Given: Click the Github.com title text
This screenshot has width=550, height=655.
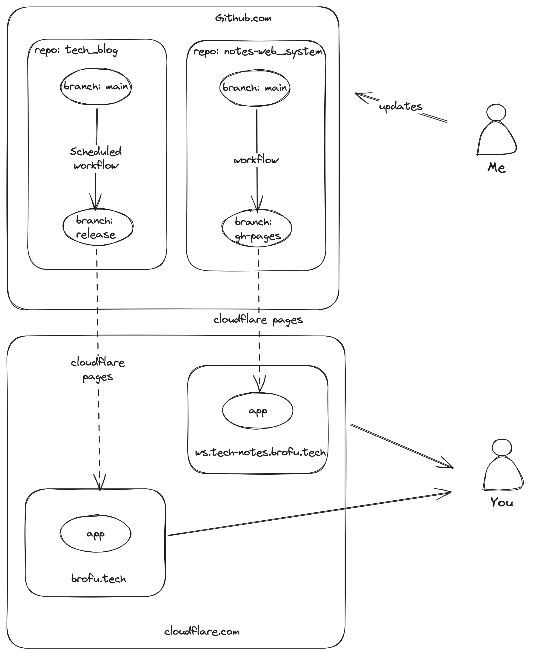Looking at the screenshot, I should point(243,18).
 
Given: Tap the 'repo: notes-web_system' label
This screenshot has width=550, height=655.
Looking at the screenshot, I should point(257,51).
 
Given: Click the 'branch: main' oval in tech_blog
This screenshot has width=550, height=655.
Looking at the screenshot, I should point(96,86).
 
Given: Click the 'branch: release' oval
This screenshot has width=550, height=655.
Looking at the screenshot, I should point(98,228).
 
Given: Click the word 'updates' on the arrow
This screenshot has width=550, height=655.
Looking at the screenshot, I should point(401,107).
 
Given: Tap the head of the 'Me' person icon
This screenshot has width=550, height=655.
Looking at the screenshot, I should point(496,112).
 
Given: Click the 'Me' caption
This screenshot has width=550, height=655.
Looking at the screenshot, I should point(496,168).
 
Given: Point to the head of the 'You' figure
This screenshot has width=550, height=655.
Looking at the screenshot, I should point(502,447).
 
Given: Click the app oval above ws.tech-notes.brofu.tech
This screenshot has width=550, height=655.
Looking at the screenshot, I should point(258,411).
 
